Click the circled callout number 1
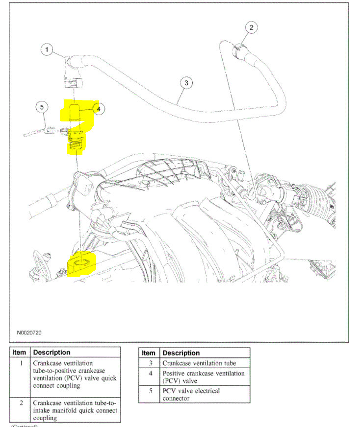point(47,49)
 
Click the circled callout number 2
point(251,27)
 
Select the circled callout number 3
point(185,83)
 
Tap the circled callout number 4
point(98,109)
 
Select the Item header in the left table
point(20,352)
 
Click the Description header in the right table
point(181,353)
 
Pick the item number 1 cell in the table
point(21,363)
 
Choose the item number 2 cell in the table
point(21,403)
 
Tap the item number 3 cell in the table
point(151,363)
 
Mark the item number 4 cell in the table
point(151,373)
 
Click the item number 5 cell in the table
point(151,391)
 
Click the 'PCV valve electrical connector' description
point(191,395)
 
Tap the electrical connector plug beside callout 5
point(50,130)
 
